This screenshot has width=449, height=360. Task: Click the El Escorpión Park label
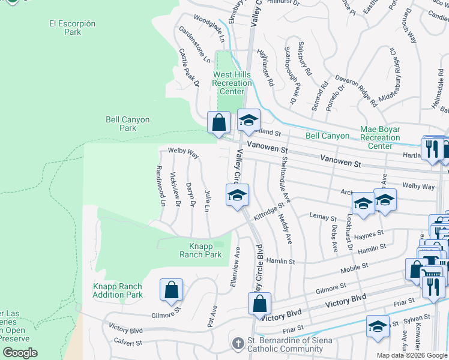(72, 28)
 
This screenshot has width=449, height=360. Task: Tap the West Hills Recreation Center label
(232, 83)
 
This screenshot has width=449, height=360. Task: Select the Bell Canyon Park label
(128, 124)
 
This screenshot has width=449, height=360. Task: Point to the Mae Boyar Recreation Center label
(380, 137)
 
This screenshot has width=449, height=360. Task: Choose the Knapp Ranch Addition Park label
(118, 290)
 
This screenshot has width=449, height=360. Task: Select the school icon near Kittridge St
(237, 195)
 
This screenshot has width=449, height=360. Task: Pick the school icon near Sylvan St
(377, 326)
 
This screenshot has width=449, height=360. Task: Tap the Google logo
(19, 353)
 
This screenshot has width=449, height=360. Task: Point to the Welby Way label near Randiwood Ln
(183, 153)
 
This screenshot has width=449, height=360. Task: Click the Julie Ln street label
(207, 201)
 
